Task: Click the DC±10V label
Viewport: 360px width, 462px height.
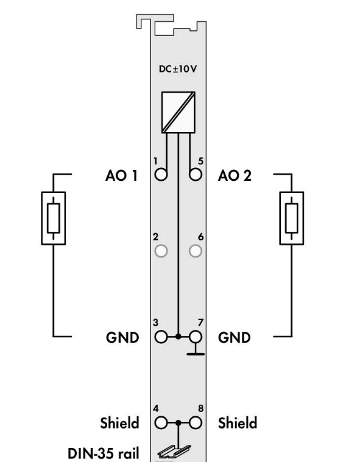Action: pyautogui.click(x=178, y=69)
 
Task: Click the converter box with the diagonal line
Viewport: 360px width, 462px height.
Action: pyautogui.click(x=178, y=112)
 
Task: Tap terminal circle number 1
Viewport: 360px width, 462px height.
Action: pyautogui.click(x=161, y=175)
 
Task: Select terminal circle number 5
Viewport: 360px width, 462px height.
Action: pyautogui.click(x=196, y=175)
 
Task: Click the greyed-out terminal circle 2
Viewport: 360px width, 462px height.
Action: pyautogui.click(x=161, y=251)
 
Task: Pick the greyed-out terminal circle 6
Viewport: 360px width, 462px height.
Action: pyautogui.click(x=196, y=251)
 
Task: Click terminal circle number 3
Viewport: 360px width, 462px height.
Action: pyautogui.click(x=161, y=337)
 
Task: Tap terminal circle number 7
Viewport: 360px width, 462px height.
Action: pyautogui.click(x=196, y=337)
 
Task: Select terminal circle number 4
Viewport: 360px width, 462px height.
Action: pyautogui.click(x=161, y=423)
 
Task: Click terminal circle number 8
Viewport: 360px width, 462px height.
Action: pyautogui.click(x=196, y=423)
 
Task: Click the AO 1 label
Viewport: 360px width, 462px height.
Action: pyautogui.click(x=121, y=175)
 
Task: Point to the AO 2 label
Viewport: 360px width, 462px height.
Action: pyautogui.click(x=235, y=175)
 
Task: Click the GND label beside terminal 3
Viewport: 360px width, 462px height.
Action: pyautogui.click(x=122, y=338)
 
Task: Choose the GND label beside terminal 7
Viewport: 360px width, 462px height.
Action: pyautogui.click(x=235, y=338)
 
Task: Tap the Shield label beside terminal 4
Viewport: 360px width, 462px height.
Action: pyautogui.click(x=119, y=423)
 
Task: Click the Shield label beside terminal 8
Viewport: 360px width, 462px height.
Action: pyautogui.click(x=238, y=423)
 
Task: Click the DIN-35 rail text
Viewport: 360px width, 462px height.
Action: pyautogui.click(x=103, y=453)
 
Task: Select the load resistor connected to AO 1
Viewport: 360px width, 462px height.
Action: pyautogui.click(x=54, y=218)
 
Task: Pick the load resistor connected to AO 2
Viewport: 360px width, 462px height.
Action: pyautogui.click(x=292, y=218)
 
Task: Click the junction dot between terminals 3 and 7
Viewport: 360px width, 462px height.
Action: pyautogui.click(x=178, y=337)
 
